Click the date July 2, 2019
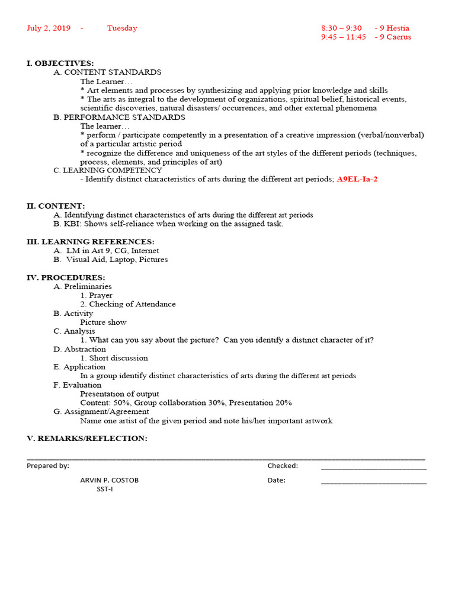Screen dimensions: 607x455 click(49, 28)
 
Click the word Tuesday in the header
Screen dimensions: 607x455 click(122, 28)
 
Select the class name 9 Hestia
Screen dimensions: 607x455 click(394, 28)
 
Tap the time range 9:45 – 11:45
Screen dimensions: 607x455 click(344, 37)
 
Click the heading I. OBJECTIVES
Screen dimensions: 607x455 click(60, 63)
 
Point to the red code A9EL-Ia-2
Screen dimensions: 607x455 click(357, 179)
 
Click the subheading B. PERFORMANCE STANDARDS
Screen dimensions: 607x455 click(119, 117)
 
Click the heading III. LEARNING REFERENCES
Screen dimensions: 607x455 click(90, 242)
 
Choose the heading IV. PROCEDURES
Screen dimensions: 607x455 click(66, 277)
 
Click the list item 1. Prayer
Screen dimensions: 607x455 click(97, 295)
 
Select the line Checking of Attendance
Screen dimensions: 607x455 click(128, 304)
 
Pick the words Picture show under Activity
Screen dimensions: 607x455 click(104, 322)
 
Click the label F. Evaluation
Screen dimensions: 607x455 click(77, 385)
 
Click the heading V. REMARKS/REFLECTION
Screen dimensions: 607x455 click(86, 438)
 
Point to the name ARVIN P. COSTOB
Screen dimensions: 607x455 click(110, 480)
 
